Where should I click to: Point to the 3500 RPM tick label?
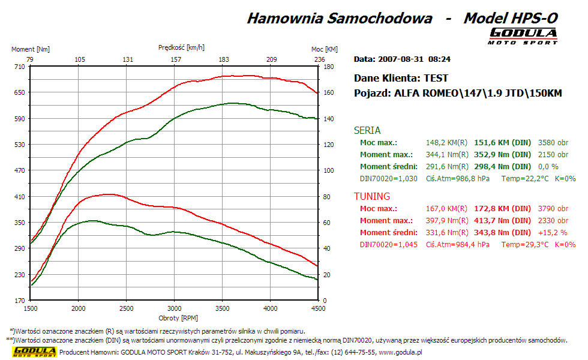click(x=222, y=308)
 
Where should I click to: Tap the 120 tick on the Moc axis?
click(x=328, y=145)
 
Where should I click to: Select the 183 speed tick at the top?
click(x=224, y=59)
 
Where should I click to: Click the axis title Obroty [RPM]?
click(x=178, y=317)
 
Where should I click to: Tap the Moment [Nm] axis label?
click(x=31, y=49)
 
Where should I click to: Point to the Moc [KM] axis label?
click(x=325, y=49)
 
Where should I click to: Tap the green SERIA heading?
click(x=367, y=130)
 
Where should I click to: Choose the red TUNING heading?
click(x=372, y=196)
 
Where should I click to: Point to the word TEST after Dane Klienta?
click(x=436, y=78)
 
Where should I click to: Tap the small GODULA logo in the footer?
click(x=35, y=352)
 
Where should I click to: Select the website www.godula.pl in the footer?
click(x=400, y=352)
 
